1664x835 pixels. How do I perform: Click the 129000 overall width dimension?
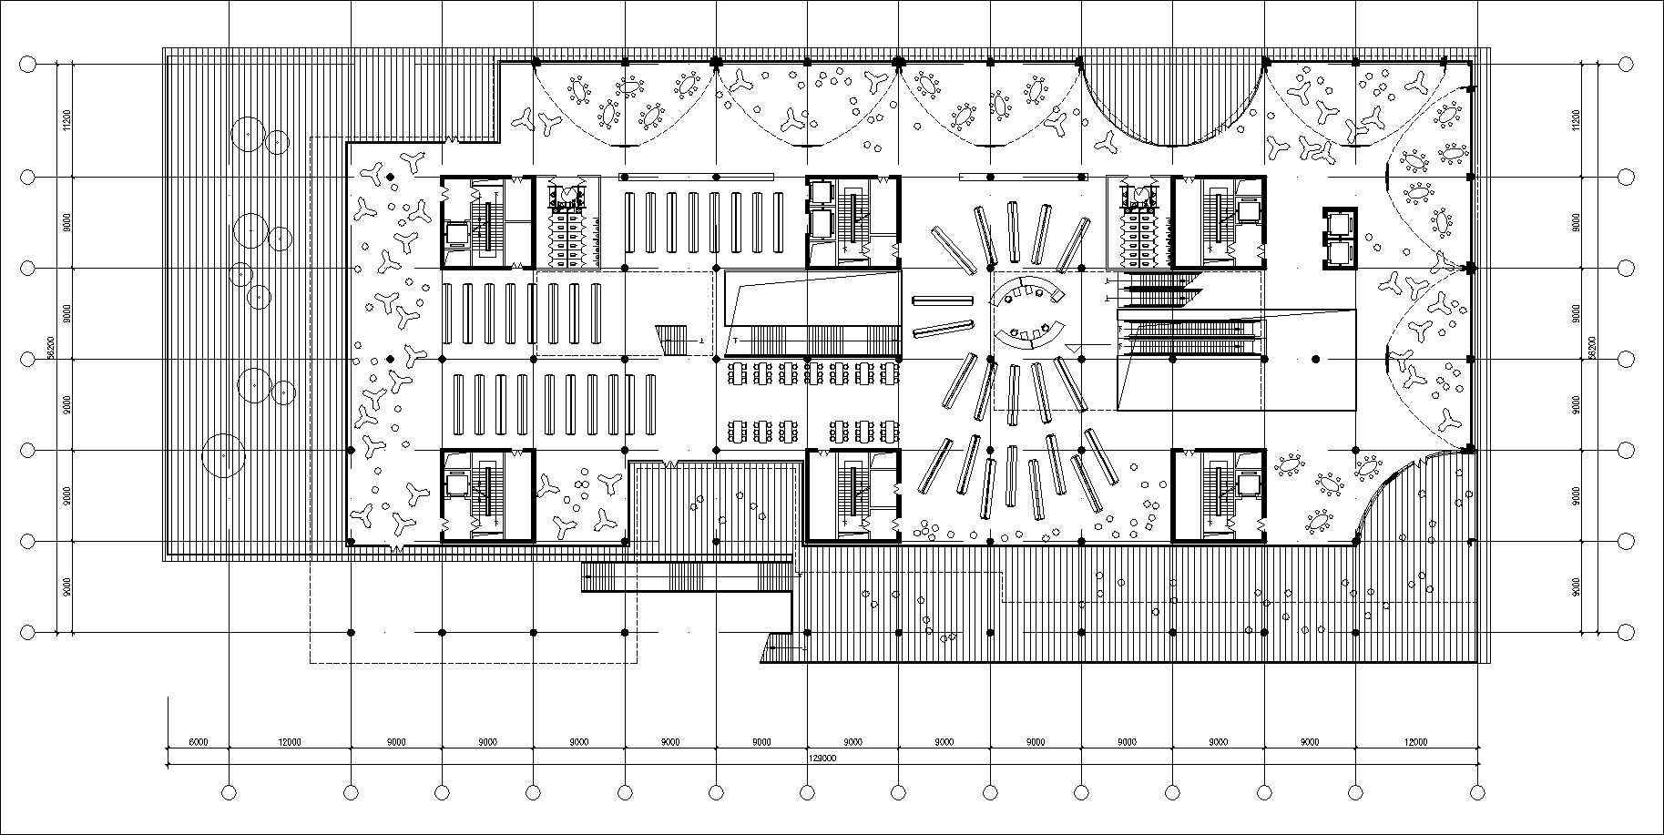pyautogui.click(x=822, y=757)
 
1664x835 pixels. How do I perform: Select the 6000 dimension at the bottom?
pyautogui.click(x=198, y=742)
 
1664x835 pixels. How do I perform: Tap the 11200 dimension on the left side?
pyautogui.click(x=67, y=120)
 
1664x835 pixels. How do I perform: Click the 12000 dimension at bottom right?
pyautogui.click(x=1415, y=742)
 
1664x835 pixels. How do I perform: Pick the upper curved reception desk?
pyautogui.click(x=1029, y=292)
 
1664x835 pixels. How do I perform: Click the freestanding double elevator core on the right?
pyautogui.click(x=1341, y=238)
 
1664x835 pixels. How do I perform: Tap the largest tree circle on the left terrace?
pyautogui.click(x=223, y=455)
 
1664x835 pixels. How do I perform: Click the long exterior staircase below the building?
pyautogui.click(x=688, y=576)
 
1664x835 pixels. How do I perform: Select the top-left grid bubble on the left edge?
pyautogui.click(x=27, y=65)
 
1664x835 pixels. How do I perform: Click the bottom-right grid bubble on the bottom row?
pyautogui.click(x=1478, y=793)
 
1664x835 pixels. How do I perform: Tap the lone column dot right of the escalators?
pyautogui.click(x=1314, y=359)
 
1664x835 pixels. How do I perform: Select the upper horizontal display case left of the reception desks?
pyautogui.click(x=943, y=300)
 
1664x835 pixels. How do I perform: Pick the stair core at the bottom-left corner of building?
pyautogui.click(x=486, y=495)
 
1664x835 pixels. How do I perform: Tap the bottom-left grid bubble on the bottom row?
pyautogui.click(x=229, y=793)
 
